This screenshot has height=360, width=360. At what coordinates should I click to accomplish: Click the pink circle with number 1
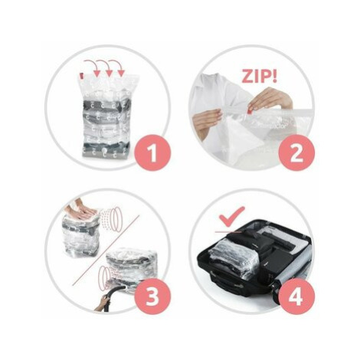(152, 153)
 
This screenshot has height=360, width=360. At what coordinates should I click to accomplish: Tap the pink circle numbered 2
(296, 153)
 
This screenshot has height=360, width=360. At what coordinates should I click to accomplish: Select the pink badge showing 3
(152, 296)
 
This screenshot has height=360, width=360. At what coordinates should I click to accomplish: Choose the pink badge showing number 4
(296, 296)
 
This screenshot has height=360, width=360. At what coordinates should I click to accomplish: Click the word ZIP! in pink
(260, 76)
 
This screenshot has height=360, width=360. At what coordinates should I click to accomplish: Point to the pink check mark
(232, 216)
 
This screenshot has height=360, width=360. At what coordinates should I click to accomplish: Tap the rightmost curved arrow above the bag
(117, 67)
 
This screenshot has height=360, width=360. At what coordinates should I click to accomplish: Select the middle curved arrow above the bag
(105, 67)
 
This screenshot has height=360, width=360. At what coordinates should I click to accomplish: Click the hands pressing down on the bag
(80, 211)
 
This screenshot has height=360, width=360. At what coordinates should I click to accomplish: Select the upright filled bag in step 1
(106, 116)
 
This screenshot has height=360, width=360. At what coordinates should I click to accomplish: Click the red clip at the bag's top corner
(81, 76)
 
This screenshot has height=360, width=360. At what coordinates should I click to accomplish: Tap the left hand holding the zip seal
(207, 121)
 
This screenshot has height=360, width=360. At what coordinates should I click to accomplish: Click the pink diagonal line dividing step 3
(106, 250)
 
